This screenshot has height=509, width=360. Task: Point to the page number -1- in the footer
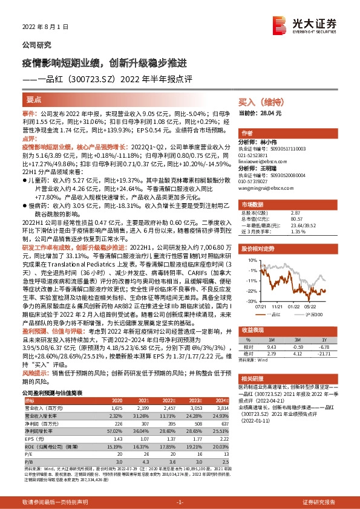(180, 502)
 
